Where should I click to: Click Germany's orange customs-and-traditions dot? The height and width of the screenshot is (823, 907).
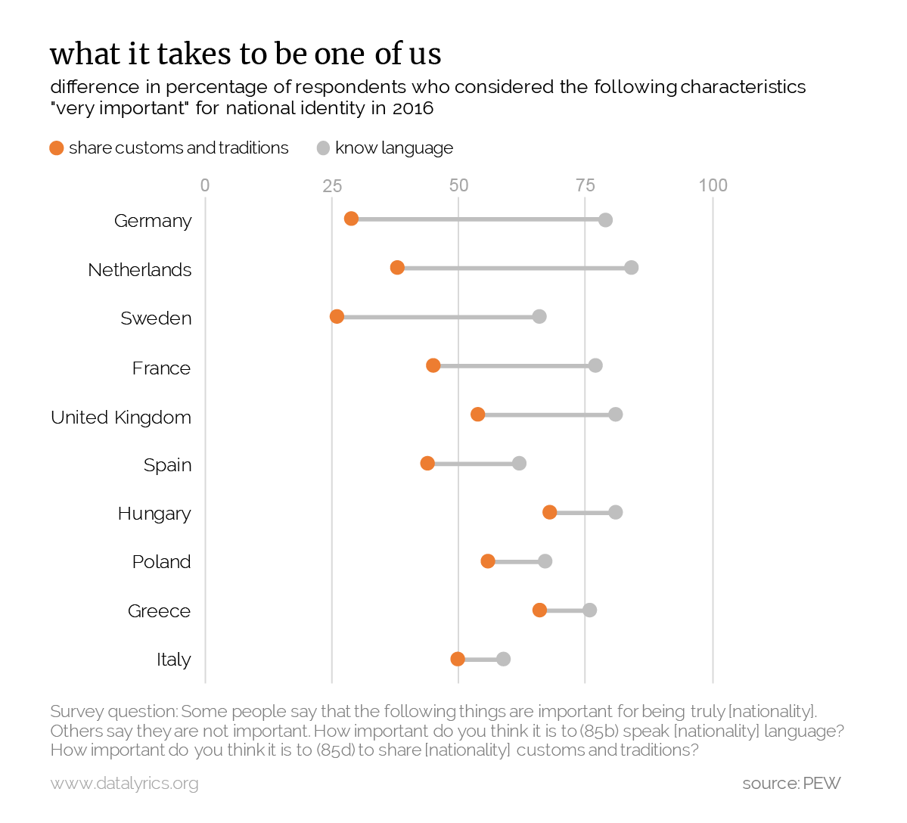[351, 219]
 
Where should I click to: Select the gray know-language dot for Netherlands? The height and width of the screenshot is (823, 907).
[632, 268]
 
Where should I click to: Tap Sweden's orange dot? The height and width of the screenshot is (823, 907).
[337, 316]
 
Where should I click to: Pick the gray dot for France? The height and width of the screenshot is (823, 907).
[595, 365]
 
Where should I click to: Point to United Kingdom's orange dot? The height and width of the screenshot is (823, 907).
[477, 414]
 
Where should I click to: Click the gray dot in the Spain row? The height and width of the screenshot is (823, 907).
[519, 463]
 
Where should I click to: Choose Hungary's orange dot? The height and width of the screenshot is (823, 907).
[550, 512]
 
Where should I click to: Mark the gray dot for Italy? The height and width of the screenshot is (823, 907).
[503, 659]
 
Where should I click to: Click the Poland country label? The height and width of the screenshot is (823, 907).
[161, 561]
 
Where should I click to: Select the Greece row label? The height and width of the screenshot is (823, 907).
[159, 610]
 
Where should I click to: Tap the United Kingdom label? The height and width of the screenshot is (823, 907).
[121, 417]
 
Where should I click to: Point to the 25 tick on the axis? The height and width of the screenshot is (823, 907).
[331, 185]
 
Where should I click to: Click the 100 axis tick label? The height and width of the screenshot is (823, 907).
[713, 185]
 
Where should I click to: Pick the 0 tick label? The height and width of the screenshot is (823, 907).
[205, 185]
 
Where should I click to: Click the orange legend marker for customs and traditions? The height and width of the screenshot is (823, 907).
[57, 148]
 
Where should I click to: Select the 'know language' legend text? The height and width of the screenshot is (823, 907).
[394, 148]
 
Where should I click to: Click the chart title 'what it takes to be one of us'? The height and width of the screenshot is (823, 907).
[246, 54]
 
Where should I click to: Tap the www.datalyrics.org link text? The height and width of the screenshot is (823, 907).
[125, 783]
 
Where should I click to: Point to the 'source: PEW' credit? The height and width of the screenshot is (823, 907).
[791, 783]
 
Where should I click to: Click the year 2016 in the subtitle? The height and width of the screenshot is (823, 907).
[413, 108]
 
